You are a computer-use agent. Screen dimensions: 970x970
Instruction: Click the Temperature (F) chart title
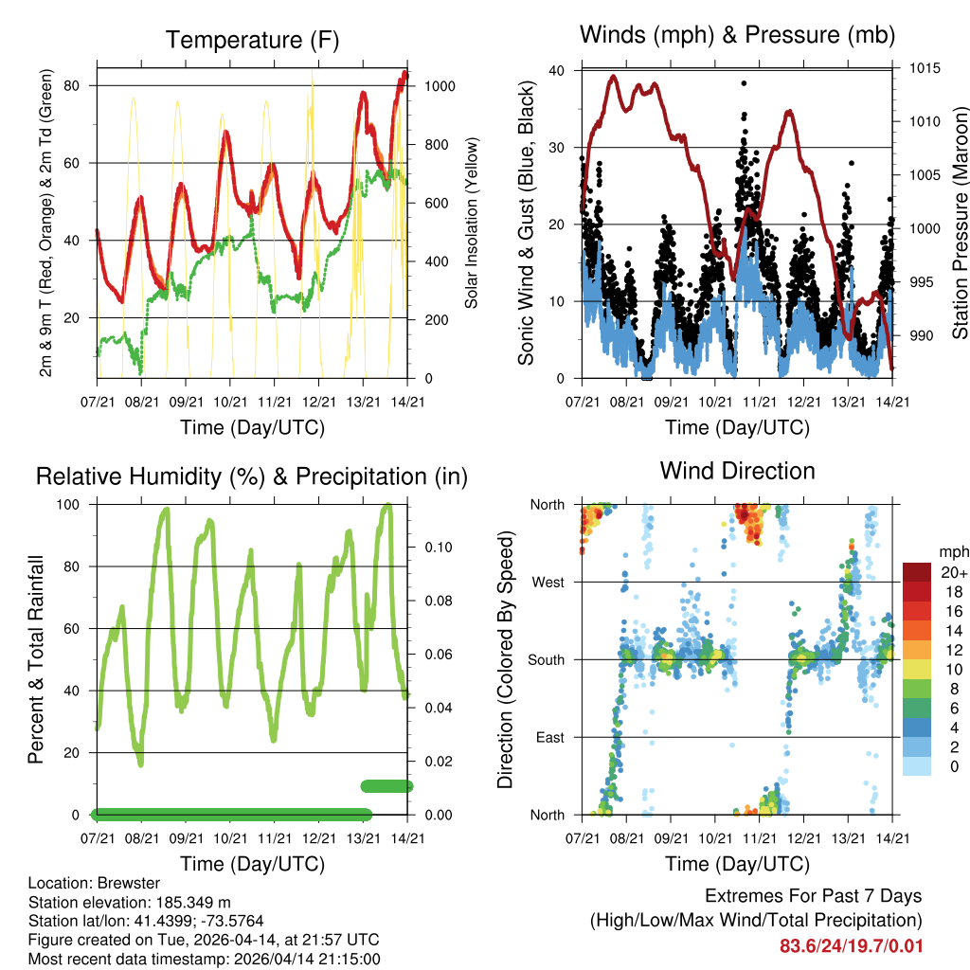click(252, 41)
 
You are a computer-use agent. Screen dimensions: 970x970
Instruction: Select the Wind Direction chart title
click(737, 471)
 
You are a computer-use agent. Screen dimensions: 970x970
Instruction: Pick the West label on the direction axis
click(548, 582)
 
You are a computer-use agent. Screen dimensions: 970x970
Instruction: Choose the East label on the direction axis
click(549, 737)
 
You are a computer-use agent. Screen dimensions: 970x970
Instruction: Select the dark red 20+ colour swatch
click(917, 571)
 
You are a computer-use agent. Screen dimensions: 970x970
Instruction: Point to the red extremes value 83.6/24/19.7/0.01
click(851, 946)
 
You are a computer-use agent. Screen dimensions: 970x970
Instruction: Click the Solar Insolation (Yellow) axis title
click(472, 224)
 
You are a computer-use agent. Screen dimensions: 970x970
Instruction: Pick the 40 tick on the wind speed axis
click(557, 70)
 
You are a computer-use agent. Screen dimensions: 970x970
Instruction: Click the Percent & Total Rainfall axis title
click(35, 659)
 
